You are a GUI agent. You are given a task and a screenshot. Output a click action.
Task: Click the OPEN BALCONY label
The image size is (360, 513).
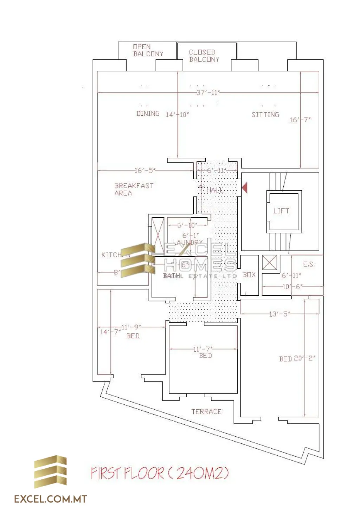[148, 51]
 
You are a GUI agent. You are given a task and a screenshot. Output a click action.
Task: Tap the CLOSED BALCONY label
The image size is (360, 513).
[204, 56]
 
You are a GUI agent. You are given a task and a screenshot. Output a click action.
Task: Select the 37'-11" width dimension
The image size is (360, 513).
[208, 93]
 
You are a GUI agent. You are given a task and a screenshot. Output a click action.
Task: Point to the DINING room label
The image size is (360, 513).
[148, 114]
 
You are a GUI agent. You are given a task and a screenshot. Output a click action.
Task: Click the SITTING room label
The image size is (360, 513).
[265, 115]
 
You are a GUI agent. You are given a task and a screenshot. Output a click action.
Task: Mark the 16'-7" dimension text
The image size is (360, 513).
[300, 120]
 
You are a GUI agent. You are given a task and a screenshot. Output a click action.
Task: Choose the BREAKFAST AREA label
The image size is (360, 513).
[134, 189]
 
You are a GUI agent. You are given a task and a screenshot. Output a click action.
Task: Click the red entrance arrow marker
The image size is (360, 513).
[245, 187]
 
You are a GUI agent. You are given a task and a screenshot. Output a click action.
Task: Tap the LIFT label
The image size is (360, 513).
[281, 211]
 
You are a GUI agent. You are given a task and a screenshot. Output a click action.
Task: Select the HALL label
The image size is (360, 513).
[215, 190]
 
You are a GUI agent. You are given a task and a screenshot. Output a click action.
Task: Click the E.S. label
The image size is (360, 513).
[309, 264]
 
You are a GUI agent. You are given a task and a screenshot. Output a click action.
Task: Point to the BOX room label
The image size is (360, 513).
[249, 275]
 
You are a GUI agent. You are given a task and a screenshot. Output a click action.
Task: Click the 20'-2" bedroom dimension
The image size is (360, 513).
[304, 358]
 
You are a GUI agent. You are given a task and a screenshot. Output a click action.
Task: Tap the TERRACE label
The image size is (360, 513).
[206, 411]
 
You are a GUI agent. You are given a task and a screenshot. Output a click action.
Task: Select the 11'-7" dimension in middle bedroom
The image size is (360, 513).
[203, 349]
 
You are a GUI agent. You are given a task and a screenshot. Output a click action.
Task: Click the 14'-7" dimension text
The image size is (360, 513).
[110, 332]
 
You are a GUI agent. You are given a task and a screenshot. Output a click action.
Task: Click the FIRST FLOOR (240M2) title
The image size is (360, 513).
[160, 473]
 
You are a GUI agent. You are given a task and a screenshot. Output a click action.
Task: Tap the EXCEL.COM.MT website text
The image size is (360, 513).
[50, 499]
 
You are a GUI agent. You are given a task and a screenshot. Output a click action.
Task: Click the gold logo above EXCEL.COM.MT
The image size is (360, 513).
[50, 472]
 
